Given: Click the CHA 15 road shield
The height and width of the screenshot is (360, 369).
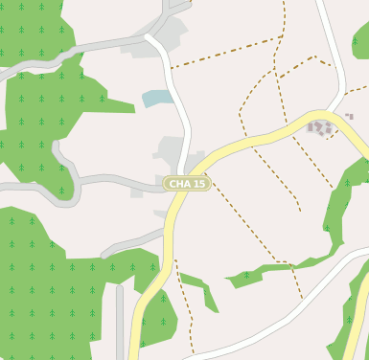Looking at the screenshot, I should pyautogui.click(x=187, y=184).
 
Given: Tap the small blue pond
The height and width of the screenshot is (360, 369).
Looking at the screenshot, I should pyautogui.click(x=157, y=98).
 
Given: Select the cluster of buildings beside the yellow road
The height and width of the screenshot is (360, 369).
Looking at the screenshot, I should pyautogui.click(x=321, y=127).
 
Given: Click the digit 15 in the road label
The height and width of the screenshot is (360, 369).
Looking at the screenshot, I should pyautogui.click(x=199, y=184).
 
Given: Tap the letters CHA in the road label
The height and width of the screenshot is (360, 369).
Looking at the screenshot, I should pyautogui.click(x=179, y=184).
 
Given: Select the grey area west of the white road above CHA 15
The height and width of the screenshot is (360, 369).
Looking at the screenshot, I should pyautogui.click(x=171, y=150).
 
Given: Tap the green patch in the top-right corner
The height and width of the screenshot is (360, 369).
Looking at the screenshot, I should pyautogui.click(x=361, y=40).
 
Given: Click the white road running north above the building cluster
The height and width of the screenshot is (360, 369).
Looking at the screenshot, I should pyautogui.click(x=330, y=48).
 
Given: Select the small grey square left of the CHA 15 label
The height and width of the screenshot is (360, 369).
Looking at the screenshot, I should pyautogui.click(x=137, y=192).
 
